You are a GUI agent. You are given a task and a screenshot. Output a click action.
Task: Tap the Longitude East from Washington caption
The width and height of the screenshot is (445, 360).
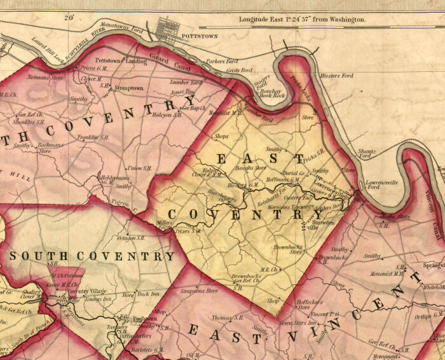[x=303, y=20]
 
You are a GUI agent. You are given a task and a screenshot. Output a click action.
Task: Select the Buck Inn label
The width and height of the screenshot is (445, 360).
[x=148, y=294]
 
